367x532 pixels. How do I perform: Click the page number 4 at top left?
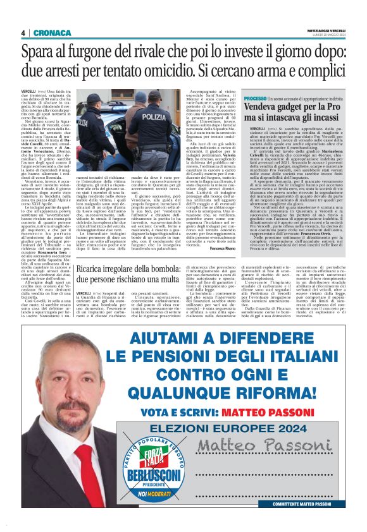23,33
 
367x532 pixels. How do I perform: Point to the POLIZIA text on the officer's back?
155,117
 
